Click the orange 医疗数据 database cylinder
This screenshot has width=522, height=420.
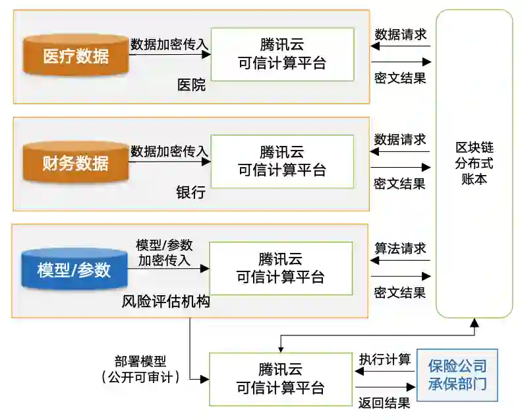76,55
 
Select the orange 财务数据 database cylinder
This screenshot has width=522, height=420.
76,162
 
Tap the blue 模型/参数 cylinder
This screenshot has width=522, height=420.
74,269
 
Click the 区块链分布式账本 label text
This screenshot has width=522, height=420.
475,162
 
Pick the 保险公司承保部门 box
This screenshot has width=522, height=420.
457,374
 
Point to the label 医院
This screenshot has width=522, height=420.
191,85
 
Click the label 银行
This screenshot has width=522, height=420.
190,192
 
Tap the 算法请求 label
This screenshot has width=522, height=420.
400,248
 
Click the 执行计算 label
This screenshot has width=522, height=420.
384,360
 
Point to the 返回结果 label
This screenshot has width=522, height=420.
384,402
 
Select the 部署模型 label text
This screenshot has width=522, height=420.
140,362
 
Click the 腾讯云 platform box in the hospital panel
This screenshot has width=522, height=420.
282,55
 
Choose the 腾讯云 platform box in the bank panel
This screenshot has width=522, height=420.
282,162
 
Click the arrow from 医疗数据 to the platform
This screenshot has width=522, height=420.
169,55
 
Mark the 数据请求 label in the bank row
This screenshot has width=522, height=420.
400,140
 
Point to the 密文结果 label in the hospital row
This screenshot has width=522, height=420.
399,78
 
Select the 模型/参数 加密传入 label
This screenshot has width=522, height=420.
164,252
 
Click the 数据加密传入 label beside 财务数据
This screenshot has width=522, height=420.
169,151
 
